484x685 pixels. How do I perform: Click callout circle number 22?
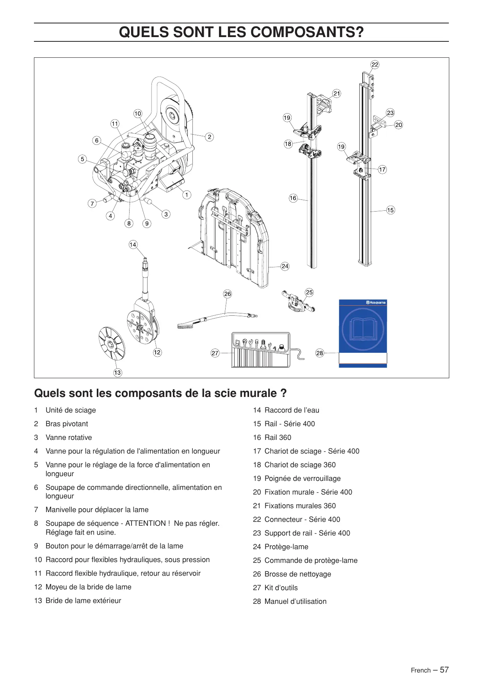(375, 65)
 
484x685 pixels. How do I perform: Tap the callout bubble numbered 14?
(133, 245)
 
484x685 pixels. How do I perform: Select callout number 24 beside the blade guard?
(285, 266)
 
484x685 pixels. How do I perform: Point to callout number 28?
(320, 353)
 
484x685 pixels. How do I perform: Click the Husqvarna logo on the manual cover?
(376, 302)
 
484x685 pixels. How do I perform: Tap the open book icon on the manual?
(363, 329)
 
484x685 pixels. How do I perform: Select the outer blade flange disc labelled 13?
(112, 343)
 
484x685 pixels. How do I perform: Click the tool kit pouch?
(261, 350)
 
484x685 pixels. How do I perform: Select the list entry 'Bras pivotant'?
(67, 424)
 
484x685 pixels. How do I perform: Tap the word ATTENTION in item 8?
(146, 523)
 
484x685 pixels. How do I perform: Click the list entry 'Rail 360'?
(278, 438)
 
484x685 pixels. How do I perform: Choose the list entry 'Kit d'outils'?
(281, 588)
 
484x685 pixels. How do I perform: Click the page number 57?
(444, 670)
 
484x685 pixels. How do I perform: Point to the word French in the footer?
(421, 671)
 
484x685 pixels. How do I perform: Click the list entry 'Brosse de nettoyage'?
(298, 574)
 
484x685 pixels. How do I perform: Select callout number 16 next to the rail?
(293, 198)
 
